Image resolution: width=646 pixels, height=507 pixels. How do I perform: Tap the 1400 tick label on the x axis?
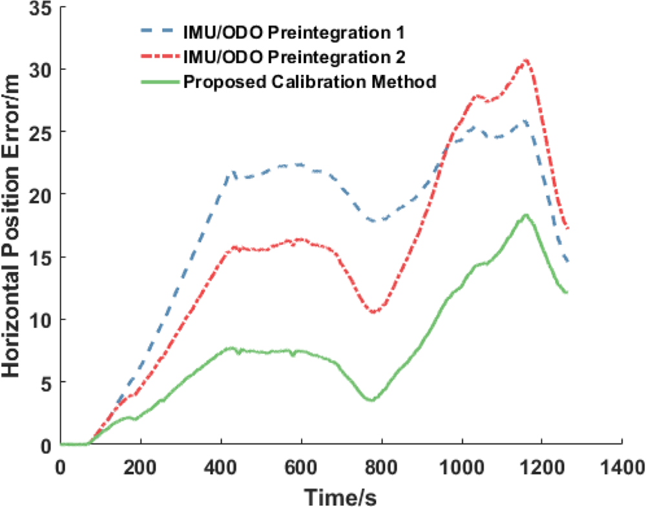coord(621,464)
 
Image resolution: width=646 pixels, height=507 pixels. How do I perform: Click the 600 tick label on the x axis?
coord(301,464)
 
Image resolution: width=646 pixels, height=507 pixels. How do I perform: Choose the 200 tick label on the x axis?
coord(140,464)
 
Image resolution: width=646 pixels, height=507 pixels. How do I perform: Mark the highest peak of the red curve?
coord(526,60)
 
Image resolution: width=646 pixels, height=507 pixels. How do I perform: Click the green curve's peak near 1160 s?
coord(526,214)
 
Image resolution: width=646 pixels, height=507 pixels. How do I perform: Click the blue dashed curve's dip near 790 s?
coord(378,221)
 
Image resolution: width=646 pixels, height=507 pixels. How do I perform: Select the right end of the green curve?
coord(567,293)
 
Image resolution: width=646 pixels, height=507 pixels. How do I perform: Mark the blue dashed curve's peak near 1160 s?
coord(526,121)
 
